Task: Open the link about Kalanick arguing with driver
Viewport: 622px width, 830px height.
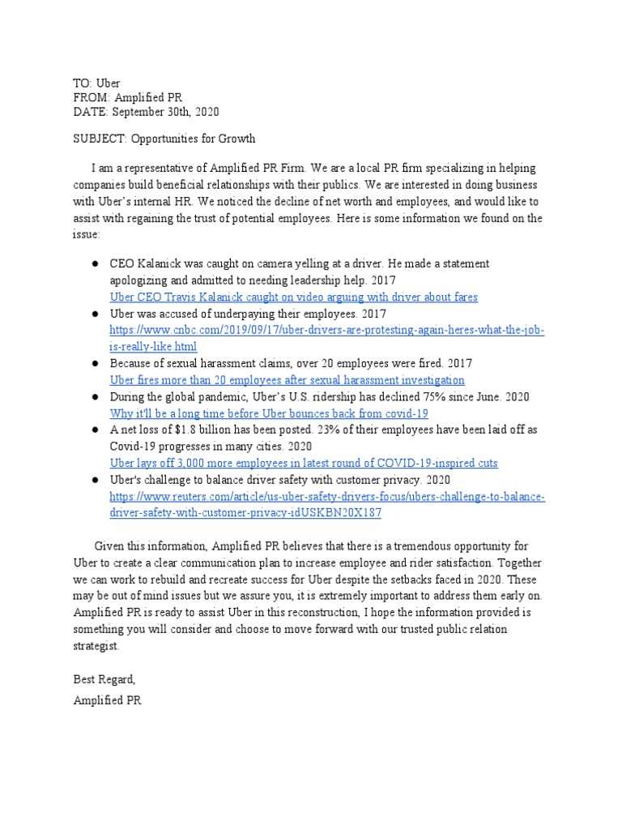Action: [x=293, y=297]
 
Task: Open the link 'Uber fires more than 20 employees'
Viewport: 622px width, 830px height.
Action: [x=287, y=379]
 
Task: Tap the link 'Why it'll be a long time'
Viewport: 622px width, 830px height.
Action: [x=269, y=413]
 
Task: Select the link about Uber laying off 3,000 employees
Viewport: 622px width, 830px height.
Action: [x=304, y=463]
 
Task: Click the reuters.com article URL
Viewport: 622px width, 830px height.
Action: [x=327, y=496]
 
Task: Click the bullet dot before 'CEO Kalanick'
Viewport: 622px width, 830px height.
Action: [x=95, y=264]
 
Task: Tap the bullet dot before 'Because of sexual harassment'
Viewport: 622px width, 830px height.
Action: [x=95, y=364]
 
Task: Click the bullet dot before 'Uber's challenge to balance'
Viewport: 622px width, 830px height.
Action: [x=95, y=480]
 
